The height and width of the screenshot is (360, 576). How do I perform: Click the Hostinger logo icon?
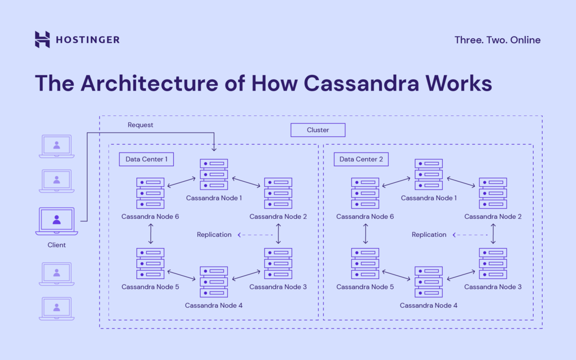pos(42,39)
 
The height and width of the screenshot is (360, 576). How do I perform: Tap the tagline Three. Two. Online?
pos(497,40)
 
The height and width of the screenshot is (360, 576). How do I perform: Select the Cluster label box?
pos(318,130)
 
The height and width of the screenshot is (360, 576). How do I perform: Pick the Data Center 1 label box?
pos(146,159)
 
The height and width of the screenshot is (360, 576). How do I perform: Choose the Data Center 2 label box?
pos(361,159)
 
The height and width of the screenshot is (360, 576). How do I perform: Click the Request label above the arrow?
pos(140,125)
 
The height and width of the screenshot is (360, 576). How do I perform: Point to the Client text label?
pos(57,245)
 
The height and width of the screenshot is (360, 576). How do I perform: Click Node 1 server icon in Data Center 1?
pos(214,174)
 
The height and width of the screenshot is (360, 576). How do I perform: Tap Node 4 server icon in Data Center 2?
pos(429,282)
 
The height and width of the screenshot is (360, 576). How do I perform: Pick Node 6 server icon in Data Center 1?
pos(150,193)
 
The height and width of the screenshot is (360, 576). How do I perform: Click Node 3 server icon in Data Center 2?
pos(493,263)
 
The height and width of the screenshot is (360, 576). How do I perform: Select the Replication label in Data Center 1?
pos(214,235)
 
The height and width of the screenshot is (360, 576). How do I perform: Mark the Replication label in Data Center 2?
pos(429,235)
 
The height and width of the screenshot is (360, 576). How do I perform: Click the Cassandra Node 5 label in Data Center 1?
pos(150,287)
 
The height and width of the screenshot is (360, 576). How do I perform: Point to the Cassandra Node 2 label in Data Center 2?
pos(493,217)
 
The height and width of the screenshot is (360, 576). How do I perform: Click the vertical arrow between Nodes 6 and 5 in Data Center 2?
pos(366,232)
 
